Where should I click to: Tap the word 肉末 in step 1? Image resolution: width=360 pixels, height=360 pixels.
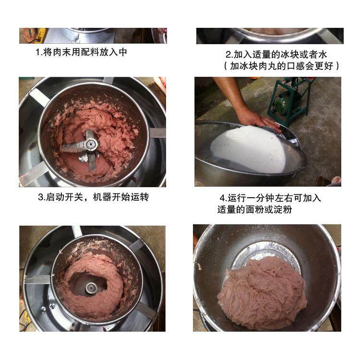click(x=62, y=52)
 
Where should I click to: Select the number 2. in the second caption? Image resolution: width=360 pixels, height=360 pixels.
click(x=229, y=55)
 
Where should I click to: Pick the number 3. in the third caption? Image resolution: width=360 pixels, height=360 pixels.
click(x=41, y=197)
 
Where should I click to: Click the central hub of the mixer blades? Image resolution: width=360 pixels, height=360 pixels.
click(x=91, y=144)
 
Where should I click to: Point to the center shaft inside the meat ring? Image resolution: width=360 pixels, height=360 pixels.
click(x=90, y=288)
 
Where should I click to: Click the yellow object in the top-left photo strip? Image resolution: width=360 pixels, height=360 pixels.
click(x=41, y=35)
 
